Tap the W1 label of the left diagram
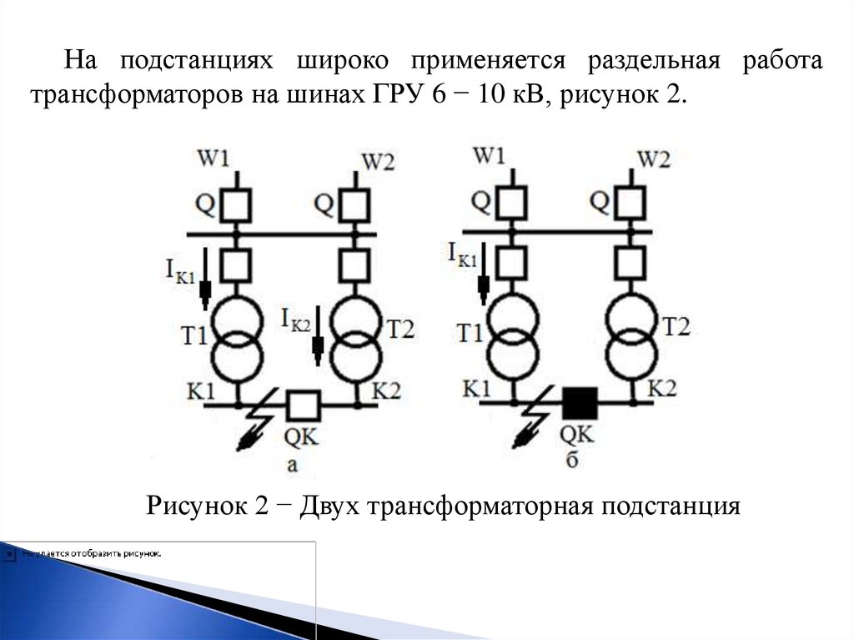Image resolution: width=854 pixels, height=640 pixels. click(x=213, y=158)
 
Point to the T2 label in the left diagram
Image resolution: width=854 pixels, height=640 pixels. click(x=399, y=329)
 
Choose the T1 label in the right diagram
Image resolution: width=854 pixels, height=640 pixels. click(x=469, y=333)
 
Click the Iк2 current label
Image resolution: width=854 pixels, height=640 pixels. click(x=296, y=317)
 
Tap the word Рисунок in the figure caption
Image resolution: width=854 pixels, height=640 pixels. click(x=193, y=506)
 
